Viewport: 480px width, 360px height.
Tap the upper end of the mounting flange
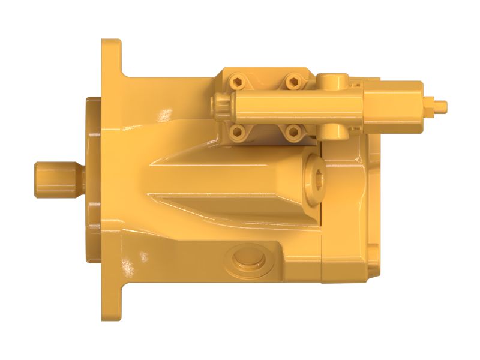point(111,57)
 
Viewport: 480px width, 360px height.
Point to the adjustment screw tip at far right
point(441,106)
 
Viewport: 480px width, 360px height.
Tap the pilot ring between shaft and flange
point(92,180)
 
